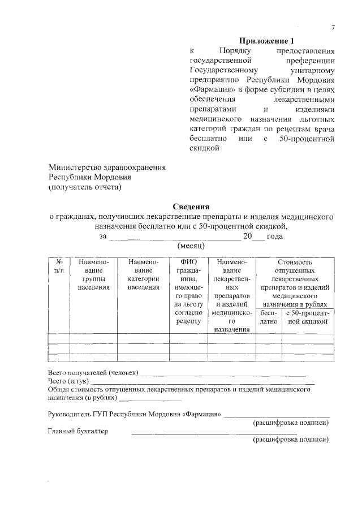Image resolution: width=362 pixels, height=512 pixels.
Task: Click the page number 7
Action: point(333,28)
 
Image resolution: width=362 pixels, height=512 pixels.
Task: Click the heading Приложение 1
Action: point(267,41)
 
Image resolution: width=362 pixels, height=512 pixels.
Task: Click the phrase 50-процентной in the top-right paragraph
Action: point(308,139)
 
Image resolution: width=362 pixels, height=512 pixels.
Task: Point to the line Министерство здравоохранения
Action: point(107,167)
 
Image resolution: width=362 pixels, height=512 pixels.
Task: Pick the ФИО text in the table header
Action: point(188,262)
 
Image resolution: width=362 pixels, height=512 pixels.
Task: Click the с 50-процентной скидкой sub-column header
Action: point(308,317)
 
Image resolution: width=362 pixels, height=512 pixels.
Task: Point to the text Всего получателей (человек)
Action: point(93,373)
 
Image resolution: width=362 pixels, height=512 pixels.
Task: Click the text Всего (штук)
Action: point(67,382)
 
